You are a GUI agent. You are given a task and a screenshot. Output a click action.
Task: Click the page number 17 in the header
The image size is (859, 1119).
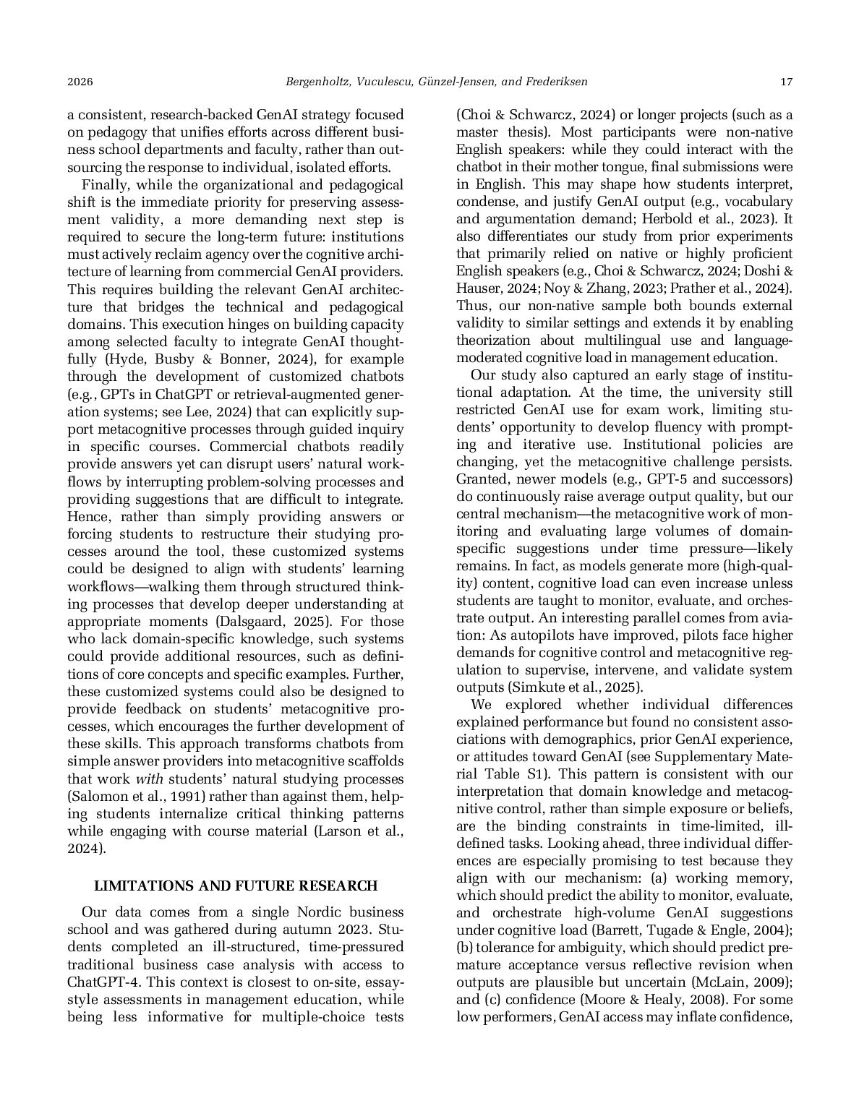click(786, 82)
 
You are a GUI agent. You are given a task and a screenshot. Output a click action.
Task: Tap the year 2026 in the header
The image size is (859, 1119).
click(80, 82)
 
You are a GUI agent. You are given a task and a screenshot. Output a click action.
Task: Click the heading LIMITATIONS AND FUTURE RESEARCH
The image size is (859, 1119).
click(236, 886)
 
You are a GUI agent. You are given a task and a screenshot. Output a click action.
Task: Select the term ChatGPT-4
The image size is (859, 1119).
click(101, 982)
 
